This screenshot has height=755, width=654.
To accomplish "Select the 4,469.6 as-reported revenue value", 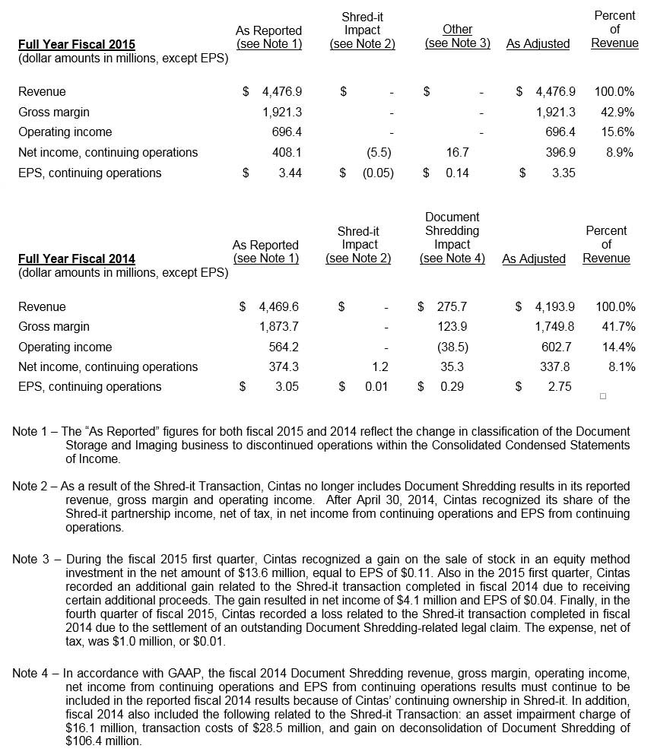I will pos(278,306).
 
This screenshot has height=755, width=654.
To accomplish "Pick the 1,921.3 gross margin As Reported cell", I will pos(281,112).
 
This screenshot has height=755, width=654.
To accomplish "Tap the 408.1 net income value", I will pos(287,152).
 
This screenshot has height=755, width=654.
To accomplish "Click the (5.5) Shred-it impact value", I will pos(378,152).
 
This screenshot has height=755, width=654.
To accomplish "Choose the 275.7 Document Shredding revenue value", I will pos(452,306).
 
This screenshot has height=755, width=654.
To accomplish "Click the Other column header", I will pos(457,30).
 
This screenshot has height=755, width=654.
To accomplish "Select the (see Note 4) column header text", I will pos(452,259).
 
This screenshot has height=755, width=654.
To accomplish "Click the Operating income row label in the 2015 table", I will pos(65,132).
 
